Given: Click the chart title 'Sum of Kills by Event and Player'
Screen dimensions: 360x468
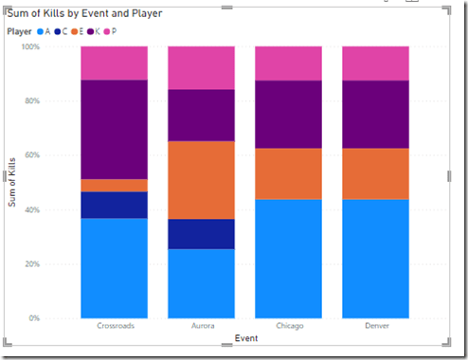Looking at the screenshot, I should [84, 13].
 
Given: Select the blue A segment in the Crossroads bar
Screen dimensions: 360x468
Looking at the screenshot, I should [114, 268].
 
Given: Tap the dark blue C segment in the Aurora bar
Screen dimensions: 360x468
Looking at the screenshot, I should [201, 234].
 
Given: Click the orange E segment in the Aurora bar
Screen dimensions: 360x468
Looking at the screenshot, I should [201, 180].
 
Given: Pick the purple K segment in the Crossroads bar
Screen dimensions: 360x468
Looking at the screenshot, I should [114, 129].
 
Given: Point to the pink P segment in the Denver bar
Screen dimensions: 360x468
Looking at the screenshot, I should [375, 63].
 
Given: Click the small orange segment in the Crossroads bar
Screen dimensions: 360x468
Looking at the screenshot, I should [114, 185].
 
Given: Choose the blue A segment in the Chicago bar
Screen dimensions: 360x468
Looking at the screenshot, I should [288, 259].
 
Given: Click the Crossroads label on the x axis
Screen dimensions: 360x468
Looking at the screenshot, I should [114, 326].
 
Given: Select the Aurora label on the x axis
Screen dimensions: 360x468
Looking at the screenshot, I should [201, 326].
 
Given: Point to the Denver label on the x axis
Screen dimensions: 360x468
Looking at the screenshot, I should [375, 326].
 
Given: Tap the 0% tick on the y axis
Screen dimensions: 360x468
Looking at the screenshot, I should [62, 318].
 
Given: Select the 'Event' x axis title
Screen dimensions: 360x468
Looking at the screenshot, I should [244, 336].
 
